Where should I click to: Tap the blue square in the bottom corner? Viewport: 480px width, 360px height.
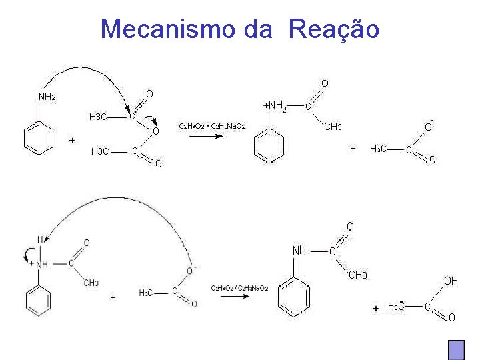456,350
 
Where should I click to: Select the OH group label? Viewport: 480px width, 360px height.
451,281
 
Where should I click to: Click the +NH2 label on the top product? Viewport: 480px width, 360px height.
275,106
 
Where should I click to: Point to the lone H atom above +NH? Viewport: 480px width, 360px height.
40,239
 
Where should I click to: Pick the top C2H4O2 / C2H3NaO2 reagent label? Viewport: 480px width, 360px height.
211,126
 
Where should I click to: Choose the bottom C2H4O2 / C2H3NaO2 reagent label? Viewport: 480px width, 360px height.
239,287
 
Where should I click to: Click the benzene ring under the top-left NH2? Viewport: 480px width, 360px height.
38,139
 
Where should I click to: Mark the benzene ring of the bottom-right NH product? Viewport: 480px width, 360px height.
294,296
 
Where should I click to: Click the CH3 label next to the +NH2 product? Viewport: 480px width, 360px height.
333,127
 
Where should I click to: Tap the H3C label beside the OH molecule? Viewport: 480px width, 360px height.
395,307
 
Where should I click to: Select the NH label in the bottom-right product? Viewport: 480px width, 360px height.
299,251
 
